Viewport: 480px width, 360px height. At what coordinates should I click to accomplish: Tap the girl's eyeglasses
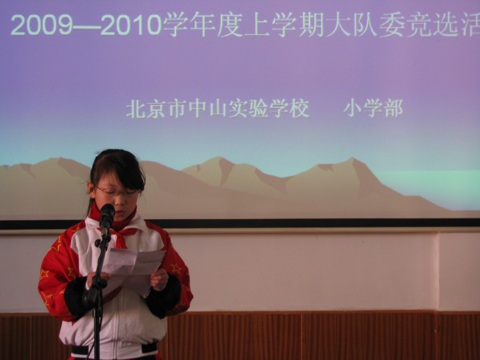[x=118, y=192]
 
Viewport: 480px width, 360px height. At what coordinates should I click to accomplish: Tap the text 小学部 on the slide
[x=373, y=108]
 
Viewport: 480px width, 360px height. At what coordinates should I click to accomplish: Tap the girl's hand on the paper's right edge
[x=159, y=279]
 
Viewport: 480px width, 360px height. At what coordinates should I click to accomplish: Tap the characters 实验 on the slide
[x=249, y=108]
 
